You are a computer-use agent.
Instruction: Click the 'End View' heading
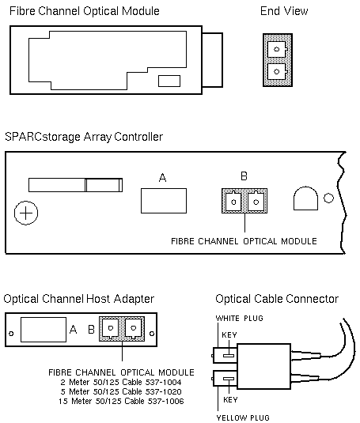pyautogui.click(x=284, y=11)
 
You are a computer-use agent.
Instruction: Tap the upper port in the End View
pyautogui.click(x=276, y=49)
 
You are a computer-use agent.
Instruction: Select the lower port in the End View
pyautogui.click(x=276, y=71)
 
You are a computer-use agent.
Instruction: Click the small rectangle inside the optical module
pyautogui.click(x=169, y=81)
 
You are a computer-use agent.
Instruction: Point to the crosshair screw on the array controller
pyautogui.click(x=26, y=213)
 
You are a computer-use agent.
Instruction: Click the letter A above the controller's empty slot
pyautogui.click(x=162, y=178)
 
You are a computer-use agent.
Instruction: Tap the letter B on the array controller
pyautogui.click(x=244, y=176)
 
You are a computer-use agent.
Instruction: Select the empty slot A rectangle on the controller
pyautogui.click(x=164, y=201)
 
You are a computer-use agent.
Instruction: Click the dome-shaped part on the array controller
pyautogui.click(x=305, y=198)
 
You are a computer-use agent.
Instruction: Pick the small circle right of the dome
pyautogui.click(x=328, y=198)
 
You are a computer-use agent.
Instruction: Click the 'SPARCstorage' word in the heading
pyautogui.click(x=43, y=137)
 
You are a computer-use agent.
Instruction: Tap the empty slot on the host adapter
pyautogui.click(x=44, y=330)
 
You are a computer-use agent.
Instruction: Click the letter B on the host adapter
pyautogui.click(x=92, y=330)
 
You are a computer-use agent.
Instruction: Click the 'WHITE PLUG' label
pyautogui.click(x=240, y=319)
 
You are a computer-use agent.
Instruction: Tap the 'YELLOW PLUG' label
pyautogui.click(x=243, y=418)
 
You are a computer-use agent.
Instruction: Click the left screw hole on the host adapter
pyautogui.click(x=11, y=334)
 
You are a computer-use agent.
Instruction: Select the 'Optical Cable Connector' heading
pyautogui.click(x=277, y=299)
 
